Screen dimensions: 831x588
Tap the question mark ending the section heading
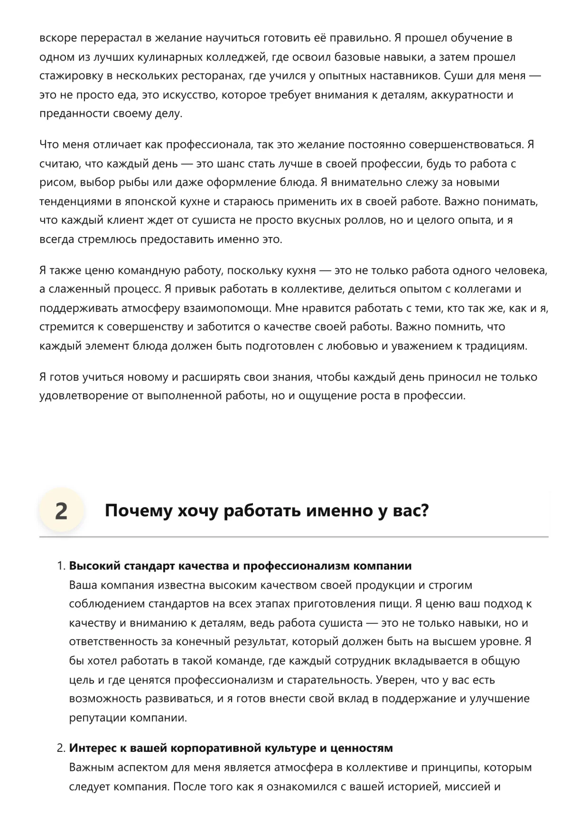pyautogui.click(x=424, y=511)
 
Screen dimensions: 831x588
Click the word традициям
pyautogui.click(x=495, y=346)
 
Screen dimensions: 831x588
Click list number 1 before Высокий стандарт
pyautogui.click(x=60, y=566)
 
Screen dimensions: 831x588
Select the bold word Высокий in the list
pyautogui.click(x=94, y=566)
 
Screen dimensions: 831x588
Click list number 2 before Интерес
pyautogui.click(x=60, y=749)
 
